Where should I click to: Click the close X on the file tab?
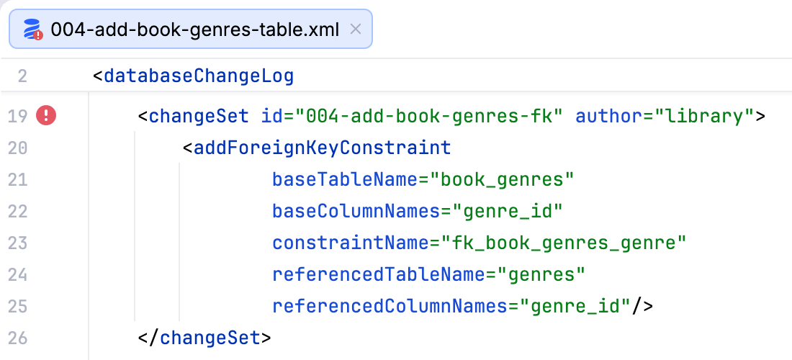356,30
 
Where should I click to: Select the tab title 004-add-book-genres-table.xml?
195,30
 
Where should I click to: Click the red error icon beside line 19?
46,117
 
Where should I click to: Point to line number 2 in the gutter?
22,77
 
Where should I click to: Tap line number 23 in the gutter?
18,243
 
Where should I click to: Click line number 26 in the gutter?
18,338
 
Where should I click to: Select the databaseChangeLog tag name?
199,77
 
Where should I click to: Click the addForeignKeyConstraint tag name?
323,148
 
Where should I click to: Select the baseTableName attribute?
346,180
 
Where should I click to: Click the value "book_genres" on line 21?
502,180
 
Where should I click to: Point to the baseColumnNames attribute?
356,212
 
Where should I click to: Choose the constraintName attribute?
351,243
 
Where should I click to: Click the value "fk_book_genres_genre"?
564,243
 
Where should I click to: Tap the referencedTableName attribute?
379,274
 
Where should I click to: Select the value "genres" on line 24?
541,274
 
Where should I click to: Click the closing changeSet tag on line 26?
204,338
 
